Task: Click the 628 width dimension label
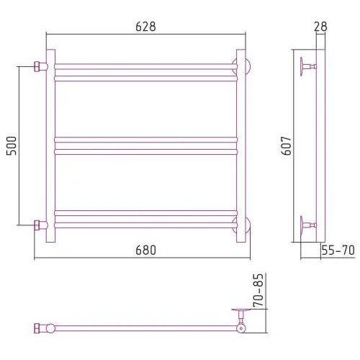point(145,27)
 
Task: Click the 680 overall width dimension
point(145,250)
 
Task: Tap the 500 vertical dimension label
point(12,145)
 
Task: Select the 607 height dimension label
point(287,145)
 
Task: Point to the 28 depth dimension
point(320,27)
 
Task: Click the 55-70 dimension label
point(338,251)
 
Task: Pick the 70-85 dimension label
point(258,290)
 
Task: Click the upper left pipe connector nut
point(37,66)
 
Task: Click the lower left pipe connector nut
point(37,225)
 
